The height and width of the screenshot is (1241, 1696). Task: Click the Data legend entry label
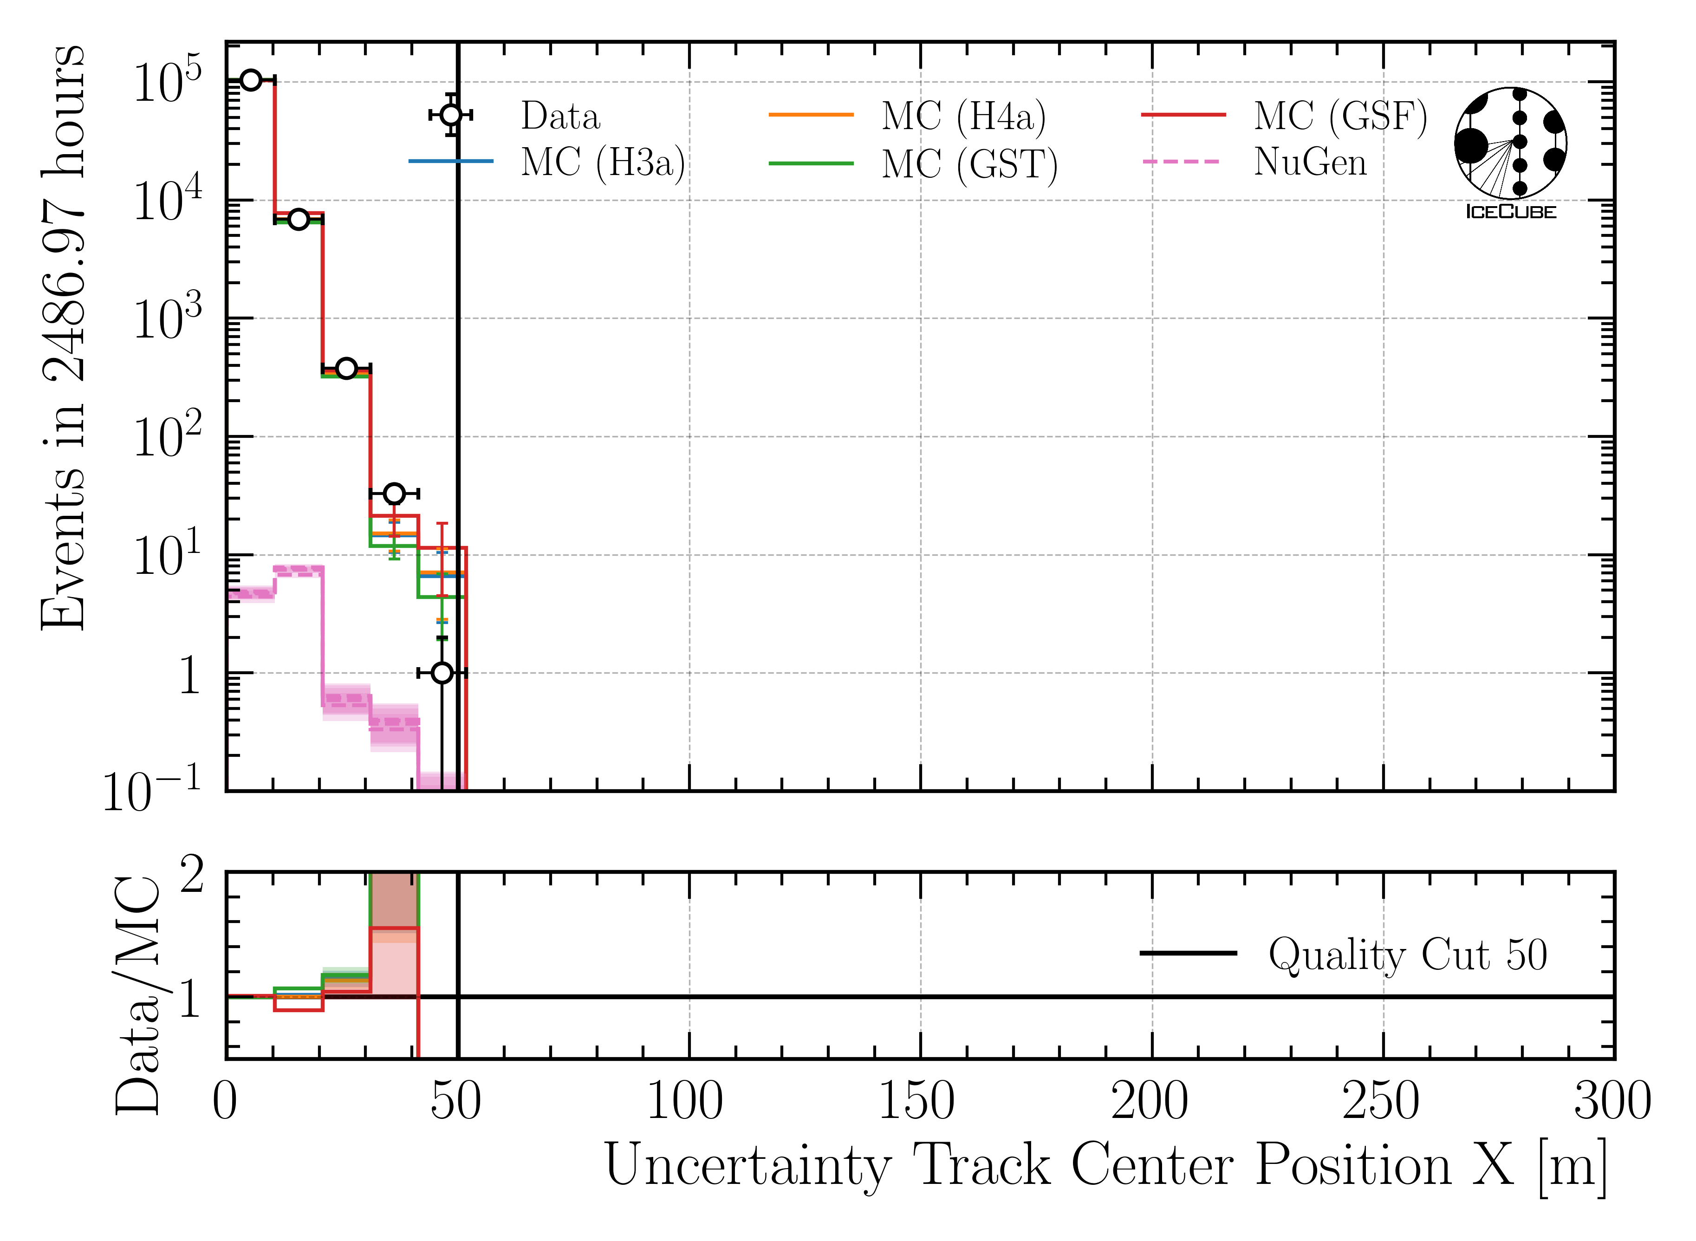(x=560, y=117)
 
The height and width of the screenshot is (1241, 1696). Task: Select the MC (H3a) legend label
(x=602, y=162)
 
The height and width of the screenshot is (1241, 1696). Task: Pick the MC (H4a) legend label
(x=964, y=117)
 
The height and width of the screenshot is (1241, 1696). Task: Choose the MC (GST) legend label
(x=969, y=164)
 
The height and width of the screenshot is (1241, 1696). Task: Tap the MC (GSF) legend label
(x=1340, y=117)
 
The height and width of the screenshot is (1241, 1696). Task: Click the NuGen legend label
(x=1310, y=162)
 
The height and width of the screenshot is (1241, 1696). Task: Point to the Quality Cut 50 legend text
(x=1408, y=955)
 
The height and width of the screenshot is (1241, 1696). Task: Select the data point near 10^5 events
(x=251, y=80)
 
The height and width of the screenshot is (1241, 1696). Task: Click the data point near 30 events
(x=394, y=494)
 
